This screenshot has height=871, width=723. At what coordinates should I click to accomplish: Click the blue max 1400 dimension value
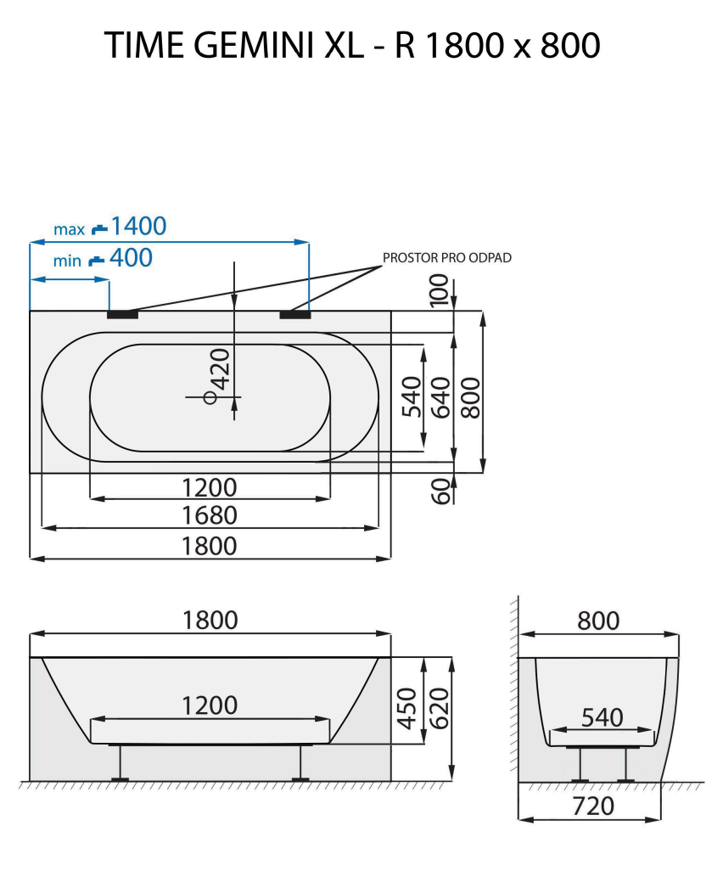coord(138,227)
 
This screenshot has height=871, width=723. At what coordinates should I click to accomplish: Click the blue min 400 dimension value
coord(131,257)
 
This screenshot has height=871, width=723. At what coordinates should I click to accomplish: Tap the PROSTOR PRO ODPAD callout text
coord(447,258)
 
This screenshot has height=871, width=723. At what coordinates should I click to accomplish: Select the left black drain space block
coord(122,314)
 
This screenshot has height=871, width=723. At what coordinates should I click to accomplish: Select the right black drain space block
coord(294,314)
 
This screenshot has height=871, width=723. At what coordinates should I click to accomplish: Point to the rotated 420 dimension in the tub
coord(221,368)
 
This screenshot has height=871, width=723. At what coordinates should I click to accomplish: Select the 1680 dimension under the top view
coord(210,515)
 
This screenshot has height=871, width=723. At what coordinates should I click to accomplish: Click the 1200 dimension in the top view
coord(210,487)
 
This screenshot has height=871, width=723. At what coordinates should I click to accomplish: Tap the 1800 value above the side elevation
coord(210,621)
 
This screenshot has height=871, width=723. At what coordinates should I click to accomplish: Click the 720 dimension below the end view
coord(593,806)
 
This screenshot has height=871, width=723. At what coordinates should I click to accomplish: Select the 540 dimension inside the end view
coord(602,717)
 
